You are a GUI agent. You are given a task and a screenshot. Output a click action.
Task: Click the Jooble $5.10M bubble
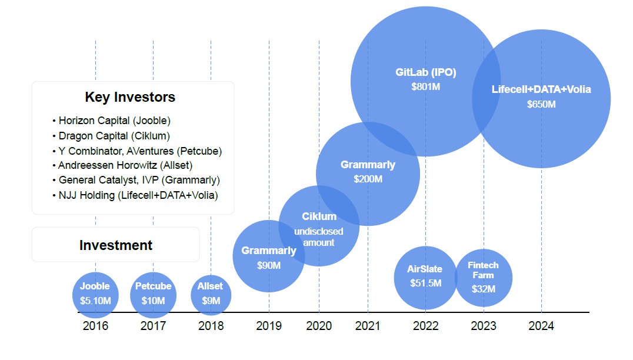pyautogui.click(x=95, y=294)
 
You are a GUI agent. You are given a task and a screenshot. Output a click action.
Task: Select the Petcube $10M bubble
pyautogui.click(x=153, y=294)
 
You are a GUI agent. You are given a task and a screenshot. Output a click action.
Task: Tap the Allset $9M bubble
pyautogui.click(x=211, y=294)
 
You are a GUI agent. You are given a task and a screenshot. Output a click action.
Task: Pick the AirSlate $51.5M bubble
pyautogui.click(x=425, y=276)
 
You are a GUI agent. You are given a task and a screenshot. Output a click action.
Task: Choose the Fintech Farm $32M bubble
pyautogui.click(x=484, y=278)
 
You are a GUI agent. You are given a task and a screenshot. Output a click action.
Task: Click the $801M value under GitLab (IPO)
pyautogui.click(x=426, y=86)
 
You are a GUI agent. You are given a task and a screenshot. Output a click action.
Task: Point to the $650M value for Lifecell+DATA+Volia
pyautogui.click(x=541, y=105)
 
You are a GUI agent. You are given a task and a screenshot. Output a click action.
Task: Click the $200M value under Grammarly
pyautogui.click(x=368, y=179)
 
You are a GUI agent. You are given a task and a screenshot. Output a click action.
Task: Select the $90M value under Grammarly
pyautogui.click(x=269, y=265)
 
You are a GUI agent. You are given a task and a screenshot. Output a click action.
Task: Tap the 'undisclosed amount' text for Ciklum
pyautogui.click(x=319, y=237)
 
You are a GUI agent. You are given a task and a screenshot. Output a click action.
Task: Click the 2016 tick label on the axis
pyautogui.click(x=95, y=326)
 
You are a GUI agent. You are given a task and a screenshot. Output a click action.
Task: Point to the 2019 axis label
pyautogui.click(x=269, y=326)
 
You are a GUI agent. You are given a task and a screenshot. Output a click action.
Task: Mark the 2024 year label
pyautogui.click(x=541, y=326)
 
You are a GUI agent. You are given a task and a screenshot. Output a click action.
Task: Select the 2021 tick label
pyautogui.click(x=368, y=326)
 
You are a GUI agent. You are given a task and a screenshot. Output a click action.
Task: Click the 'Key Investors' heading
pyautogui.click(x=130, y=97)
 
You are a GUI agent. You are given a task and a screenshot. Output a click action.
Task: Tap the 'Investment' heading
pyautogui.click(x=116, y=245)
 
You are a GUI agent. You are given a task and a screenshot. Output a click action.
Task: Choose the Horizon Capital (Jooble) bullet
pyautogui.click(x=111, y=121)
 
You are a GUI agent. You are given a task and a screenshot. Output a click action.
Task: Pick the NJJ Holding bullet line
pyautogui.click(x=135, y=195)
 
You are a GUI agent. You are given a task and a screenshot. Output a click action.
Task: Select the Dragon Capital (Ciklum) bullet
pyautogui.click(x=111, y=136)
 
